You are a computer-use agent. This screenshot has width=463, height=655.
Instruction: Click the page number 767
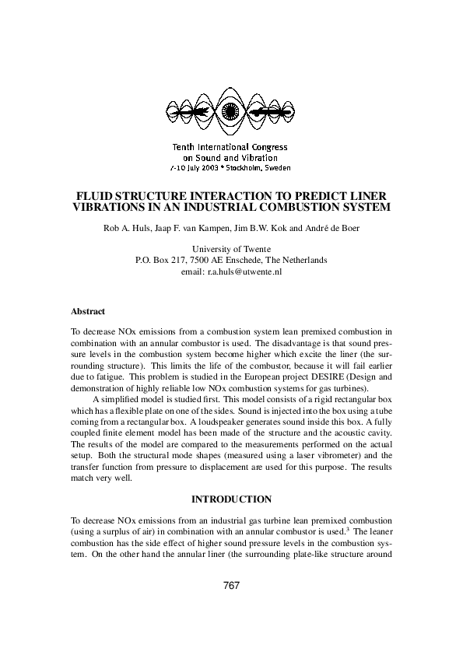[231, 586]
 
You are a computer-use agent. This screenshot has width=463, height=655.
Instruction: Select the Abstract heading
[88, 310]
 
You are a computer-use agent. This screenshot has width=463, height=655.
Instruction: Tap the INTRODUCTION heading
[231, 499]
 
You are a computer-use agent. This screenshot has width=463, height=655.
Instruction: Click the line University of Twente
[231, 249]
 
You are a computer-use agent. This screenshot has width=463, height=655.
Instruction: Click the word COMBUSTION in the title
[283, 208]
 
